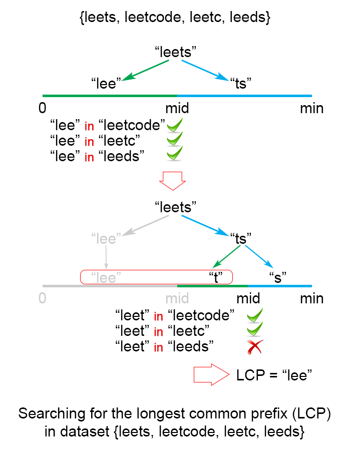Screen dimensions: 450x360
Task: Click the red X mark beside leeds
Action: (255, 347)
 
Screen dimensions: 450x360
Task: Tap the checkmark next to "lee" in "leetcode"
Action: (175, 125)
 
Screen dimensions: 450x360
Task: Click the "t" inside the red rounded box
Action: (216, 277)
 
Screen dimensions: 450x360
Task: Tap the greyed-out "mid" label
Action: (177, 299)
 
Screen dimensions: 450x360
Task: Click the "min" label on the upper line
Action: (311, 108)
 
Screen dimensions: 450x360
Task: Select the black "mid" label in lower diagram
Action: (248, 299)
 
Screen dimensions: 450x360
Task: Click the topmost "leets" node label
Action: (175, 52)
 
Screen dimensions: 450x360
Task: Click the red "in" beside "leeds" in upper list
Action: (89, 157)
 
